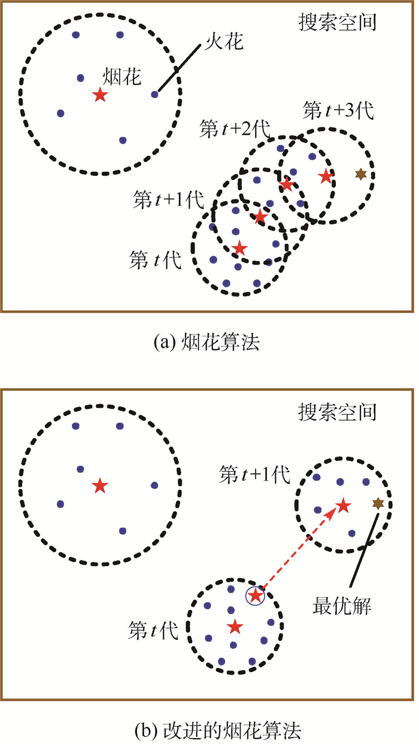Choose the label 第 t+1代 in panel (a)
(x=167, y=200)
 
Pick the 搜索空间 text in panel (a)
(x=338, y=23)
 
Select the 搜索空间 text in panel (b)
(x=338, y=412)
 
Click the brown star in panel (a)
(x=360, y=174)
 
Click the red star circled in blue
(x=256, y=596)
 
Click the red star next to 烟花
(x=99, y=95)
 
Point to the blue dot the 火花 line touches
(x=154, y=94)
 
